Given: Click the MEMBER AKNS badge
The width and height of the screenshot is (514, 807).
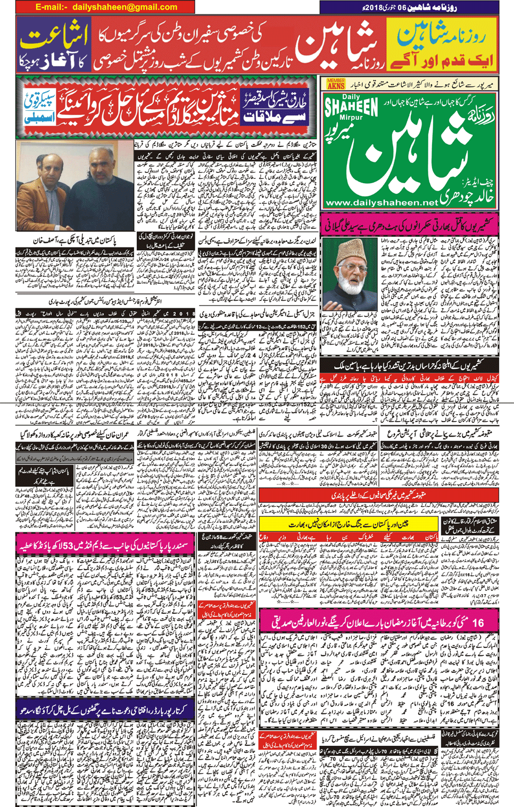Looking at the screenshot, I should (336, 84).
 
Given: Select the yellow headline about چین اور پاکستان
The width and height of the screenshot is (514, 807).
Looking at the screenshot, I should (349, 524).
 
